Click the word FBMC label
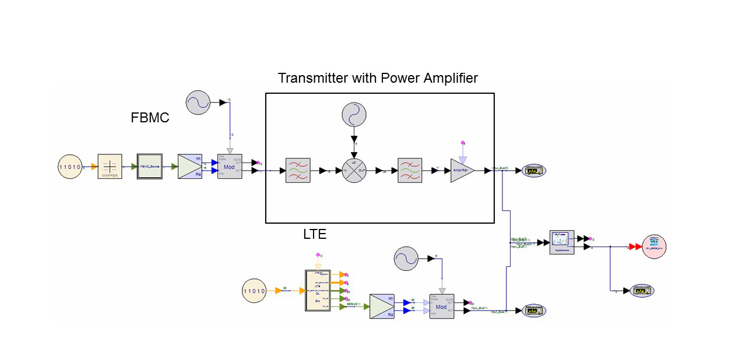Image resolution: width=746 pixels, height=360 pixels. coord(150,118)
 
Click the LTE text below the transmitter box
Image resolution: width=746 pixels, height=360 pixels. coord(315,235)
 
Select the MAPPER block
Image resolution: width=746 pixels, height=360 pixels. coord(110,167)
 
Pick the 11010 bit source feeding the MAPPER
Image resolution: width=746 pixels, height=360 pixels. coord(70,167)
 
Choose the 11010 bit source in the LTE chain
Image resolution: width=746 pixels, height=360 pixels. coord(254,291)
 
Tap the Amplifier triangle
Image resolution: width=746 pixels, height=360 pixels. coord(462,171)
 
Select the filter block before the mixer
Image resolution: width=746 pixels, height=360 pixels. coord(298,171)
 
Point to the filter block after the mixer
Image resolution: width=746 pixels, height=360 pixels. coord(410,171)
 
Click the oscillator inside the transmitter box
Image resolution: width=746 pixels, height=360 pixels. coord(353,114)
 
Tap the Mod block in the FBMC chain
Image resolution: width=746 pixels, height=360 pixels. coord(229,167)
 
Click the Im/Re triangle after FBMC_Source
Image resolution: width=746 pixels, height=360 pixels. coord(190,167)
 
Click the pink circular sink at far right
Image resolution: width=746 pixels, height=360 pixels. coord(653,247)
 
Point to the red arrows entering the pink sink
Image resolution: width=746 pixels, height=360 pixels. coord(634,247)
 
